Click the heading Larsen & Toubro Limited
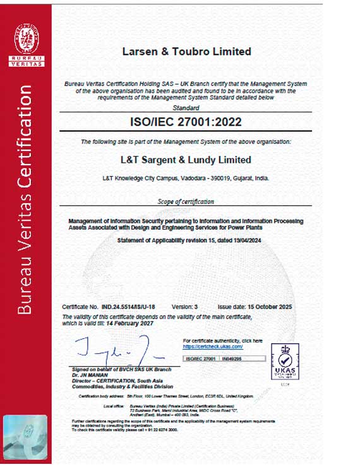click(186, 51)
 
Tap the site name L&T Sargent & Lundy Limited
click(186, 160)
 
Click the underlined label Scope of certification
click(186, 201)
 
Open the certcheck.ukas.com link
click(213, 346)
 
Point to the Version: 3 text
click(185, 305)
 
